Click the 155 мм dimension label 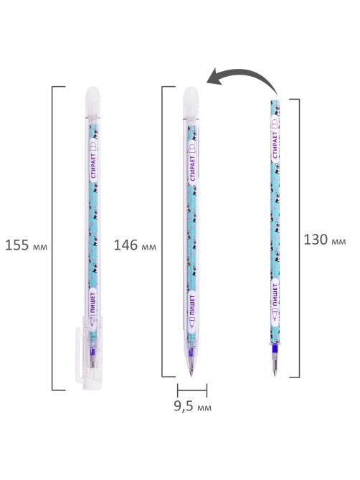[x=27, y=245]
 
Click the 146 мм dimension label [x=135, y=245]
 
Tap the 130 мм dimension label [x=325, y=240]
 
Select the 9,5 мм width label [x=193, y=406]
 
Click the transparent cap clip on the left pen [x=79, y=355]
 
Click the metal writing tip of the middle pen [x=191, y=372]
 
